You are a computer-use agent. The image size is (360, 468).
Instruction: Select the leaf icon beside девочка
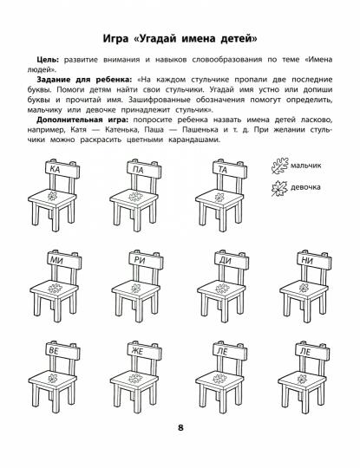(278, 185)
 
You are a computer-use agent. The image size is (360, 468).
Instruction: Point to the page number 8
(180, 451)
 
